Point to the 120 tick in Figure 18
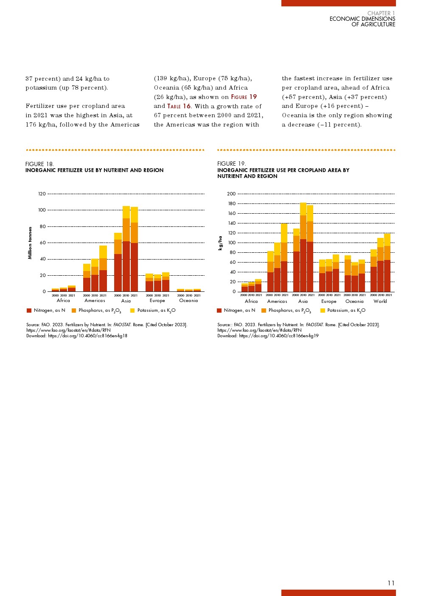[42, 194]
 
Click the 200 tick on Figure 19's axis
[231, 194]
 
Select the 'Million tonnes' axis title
[30, 243]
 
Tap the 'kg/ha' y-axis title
[220, 243]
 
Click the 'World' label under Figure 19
[380, 301]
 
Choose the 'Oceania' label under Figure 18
[188, 300]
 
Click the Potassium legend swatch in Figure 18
[132, 311]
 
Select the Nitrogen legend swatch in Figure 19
[219, 311]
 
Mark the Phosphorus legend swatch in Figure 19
[264, 311]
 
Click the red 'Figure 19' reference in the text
[244, 97]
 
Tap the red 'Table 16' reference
[179, 106]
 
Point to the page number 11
[391, 583]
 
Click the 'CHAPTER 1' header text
[381, 14]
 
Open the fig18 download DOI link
[87, 336]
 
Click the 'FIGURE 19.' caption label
[231, 164]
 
